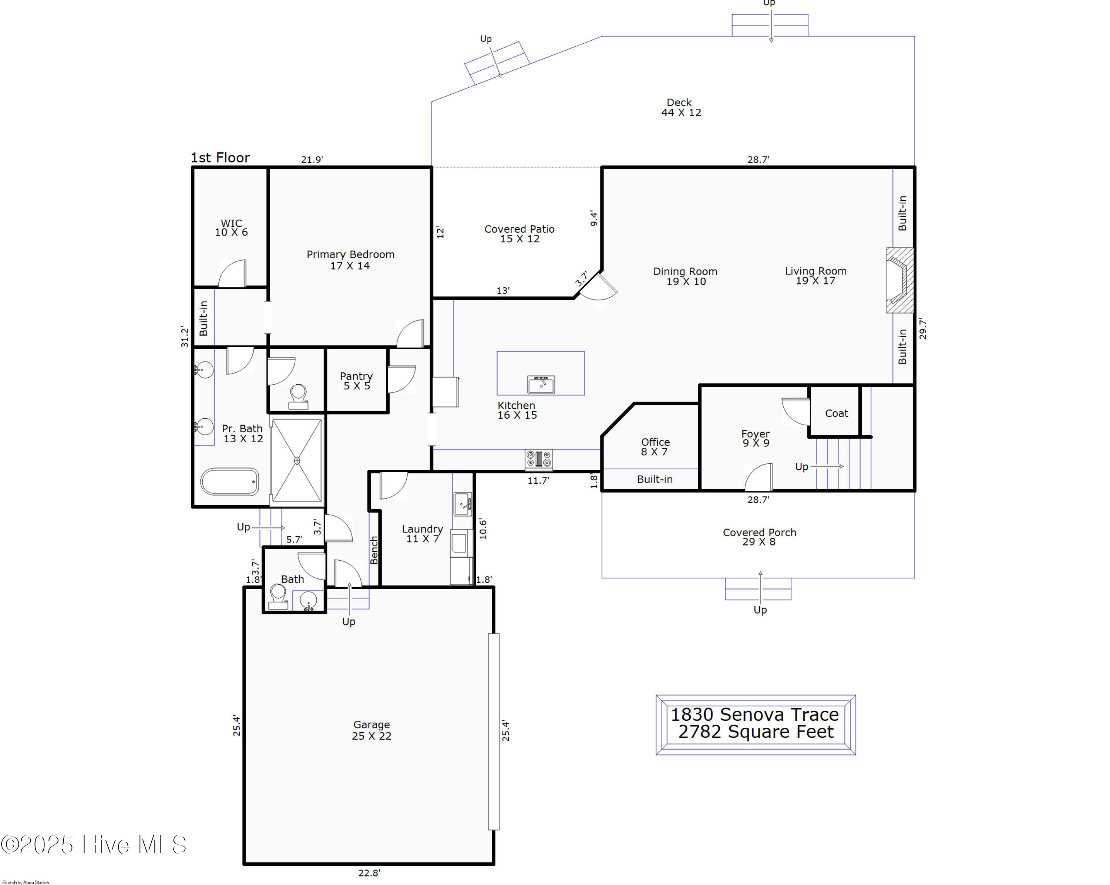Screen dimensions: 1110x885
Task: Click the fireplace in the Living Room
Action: pos(899,280)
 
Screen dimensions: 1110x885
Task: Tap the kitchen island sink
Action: pos(541,384)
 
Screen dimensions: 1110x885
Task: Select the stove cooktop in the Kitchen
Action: pos(538,459)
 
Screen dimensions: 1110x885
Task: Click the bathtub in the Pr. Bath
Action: pos(230,482)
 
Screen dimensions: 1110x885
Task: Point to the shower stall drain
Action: pos(297,460)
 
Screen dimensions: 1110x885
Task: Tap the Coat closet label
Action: pos(836,413)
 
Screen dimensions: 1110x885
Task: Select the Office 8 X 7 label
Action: pos(655,447)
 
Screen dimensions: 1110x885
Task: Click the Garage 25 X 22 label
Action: pos(371,730)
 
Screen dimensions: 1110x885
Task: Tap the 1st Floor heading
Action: pos(221,158)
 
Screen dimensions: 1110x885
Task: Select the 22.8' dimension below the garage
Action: pos(369,873)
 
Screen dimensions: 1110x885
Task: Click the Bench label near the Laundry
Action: pos(374,550)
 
